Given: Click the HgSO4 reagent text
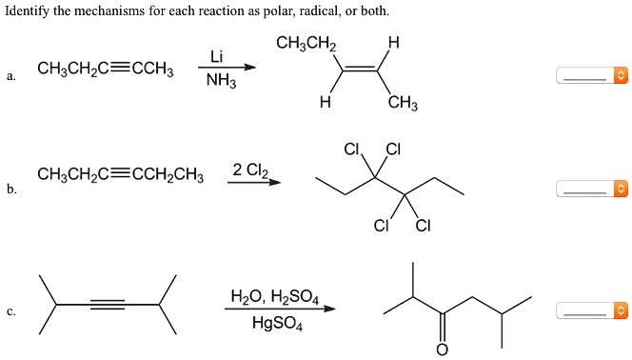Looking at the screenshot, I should coord(278,323).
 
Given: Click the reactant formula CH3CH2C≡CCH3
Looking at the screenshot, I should coord(105,69).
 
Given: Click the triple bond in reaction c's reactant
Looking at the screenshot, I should coord(107,305).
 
